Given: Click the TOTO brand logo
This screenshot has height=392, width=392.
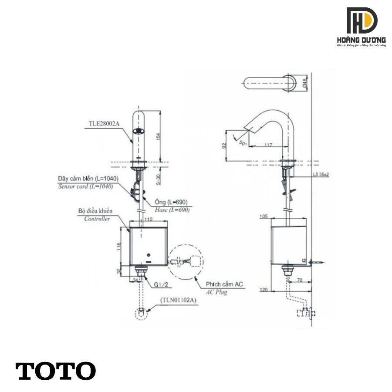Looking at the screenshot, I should (56, 371).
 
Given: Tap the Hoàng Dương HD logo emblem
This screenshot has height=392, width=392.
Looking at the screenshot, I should (362, 20).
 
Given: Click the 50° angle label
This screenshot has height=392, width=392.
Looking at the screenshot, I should (243, 142).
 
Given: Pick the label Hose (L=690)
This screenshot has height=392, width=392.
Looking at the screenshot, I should (172, 210).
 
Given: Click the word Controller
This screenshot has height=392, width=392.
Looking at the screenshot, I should (97, 219).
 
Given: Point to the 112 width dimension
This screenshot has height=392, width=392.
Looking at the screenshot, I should (149, 220).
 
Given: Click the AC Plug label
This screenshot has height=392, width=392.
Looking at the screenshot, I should (217, 292).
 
